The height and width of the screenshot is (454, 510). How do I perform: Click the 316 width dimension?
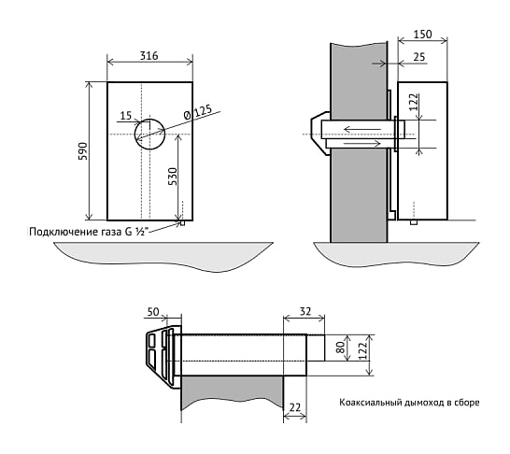(149, 56)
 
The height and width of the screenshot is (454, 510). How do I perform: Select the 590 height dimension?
(82, 151)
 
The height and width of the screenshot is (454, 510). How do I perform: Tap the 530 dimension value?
(173, 177)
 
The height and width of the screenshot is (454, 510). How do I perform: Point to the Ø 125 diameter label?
(197, 111)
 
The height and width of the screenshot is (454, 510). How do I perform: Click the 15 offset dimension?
(125, 116)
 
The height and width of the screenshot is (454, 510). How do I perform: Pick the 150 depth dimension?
(422, 35)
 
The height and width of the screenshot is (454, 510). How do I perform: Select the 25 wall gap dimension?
(418, 57)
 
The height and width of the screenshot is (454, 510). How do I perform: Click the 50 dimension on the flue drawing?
(153, 312)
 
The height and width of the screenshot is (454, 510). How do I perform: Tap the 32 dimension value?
(305, 311)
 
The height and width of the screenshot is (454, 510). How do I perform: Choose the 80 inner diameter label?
(341, 348)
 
